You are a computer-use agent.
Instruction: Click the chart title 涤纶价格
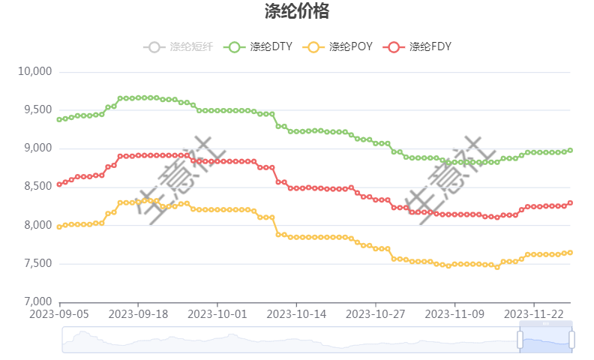point(296,12)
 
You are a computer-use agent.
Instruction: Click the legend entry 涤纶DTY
point(259,46)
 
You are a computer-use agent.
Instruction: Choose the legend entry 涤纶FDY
point(418,46)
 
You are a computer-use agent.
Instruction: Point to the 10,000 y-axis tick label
point(34,72)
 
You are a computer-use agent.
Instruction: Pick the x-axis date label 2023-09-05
point(59,313)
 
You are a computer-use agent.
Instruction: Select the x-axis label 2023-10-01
point(217,313)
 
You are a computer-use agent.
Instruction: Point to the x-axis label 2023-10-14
point(296,313)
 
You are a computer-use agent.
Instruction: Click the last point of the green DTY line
point(570,150)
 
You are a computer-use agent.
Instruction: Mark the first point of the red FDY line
point(59,184)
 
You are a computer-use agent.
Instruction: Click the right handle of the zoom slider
point(571,340)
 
